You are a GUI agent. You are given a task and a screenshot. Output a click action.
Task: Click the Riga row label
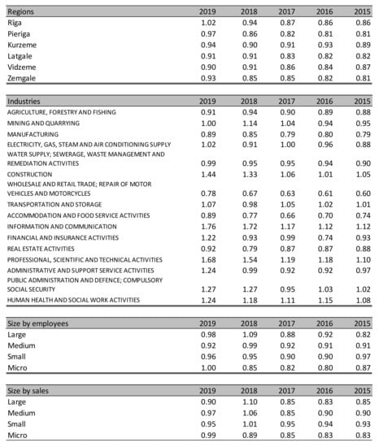(x=15, y=25)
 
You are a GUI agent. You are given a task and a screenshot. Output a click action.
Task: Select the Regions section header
(x=21, y=12)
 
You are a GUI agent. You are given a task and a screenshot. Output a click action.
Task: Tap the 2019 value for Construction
(x=210, y=174)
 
